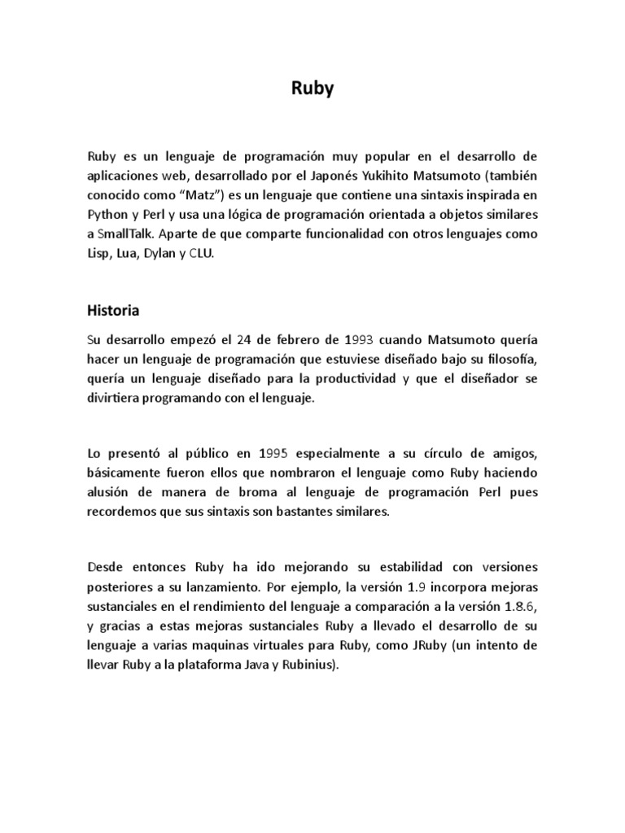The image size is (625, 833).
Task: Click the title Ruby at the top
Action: tap(312, 89)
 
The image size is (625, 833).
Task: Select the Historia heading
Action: tap(113, 310)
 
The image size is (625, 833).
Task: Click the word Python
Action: tap(107, 215)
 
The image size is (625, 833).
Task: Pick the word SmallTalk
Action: tap(127, 234)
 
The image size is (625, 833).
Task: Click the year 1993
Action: tap(337, 339)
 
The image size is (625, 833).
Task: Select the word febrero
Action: tap(276, 339)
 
